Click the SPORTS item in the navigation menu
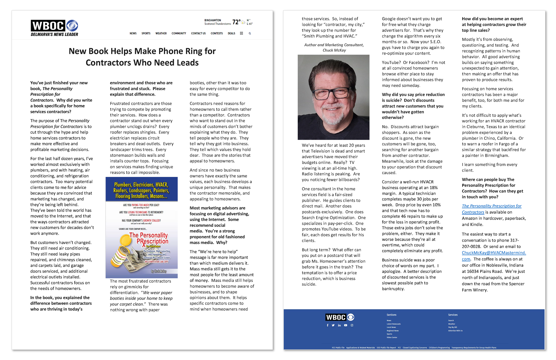[146, 33]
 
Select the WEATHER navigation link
[161, 33]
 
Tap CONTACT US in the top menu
[198, 33]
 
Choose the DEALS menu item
[231, 33]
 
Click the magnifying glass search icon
[250, 33]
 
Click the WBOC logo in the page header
[54, 26]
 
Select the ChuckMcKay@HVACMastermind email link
[494, 253]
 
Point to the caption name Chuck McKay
[334, 50]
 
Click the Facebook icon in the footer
[327, 325]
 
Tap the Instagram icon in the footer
[352, 325]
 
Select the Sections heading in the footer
[391, 315]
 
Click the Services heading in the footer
[453, 315]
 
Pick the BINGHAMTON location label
[213, 20]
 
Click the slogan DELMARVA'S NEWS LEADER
[55, 34]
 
